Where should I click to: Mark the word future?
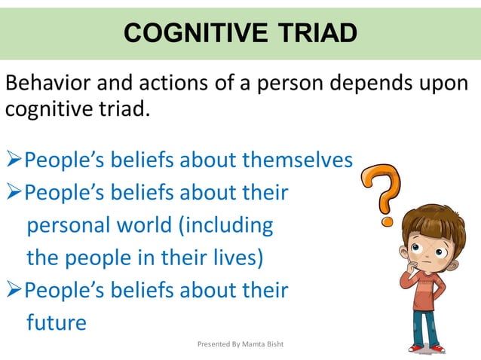(x=57, y=322)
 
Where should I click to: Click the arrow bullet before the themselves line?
(x=14, y=160)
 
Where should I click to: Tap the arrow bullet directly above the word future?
(x=14, y=290)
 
